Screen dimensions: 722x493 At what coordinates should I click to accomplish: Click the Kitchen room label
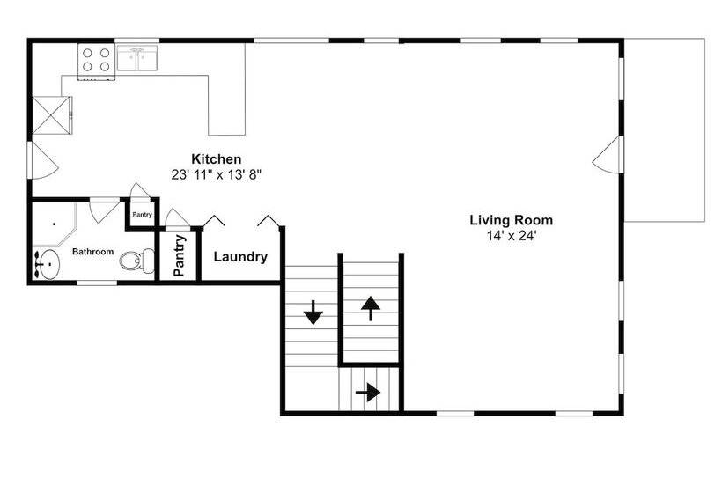(x=216, y=159)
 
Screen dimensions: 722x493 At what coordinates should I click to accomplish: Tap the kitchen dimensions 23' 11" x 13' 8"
(x=217, y=175)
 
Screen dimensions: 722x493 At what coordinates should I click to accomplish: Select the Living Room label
(x=511, y=220)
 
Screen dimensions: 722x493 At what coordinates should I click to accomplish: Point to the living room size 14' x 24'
(x=511, y=236)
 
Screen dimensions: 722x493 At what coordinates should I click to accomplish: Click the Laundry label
(x=240, y=257)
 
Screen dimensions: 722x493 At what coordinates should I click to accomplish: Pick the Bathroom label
(x=92, y=252)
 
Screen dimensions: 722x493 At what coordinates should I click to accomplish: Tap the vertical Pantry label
(x=180, y=255)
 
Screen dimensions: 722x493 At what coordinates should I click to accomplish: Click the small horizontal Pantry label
(x=143, y=215)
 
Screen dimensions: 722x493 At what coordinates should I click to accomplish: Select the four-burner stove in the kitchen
(x=96, y=62)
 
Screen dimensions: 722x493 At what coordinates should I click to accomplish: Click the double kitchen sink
(x=136, y=57)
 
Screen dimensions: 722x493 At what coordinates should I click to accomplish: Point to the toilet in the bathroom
(x=137, y=261)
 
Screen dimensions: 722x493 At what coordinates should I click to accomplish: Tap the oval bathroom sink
(x=48, y=265)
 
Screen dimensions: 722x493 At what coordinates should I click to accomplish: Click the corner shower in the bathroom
(x=54, y=224)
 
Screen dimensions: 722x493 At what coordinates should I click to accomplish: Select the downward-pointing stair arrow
(x=313, y=313)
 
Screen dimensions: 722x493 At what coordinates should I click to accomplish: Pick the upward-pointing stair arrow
(x=371, y=308)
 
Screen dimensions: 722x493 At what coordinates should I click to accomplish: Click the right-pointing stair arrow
(x=368, y=393)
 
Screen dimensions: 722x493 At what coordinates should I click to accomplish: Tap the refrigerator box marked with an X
(x=51, y=115)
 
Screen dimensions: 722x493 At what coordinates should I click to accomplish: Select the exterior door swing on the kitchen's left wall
(x=44, y=160)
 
